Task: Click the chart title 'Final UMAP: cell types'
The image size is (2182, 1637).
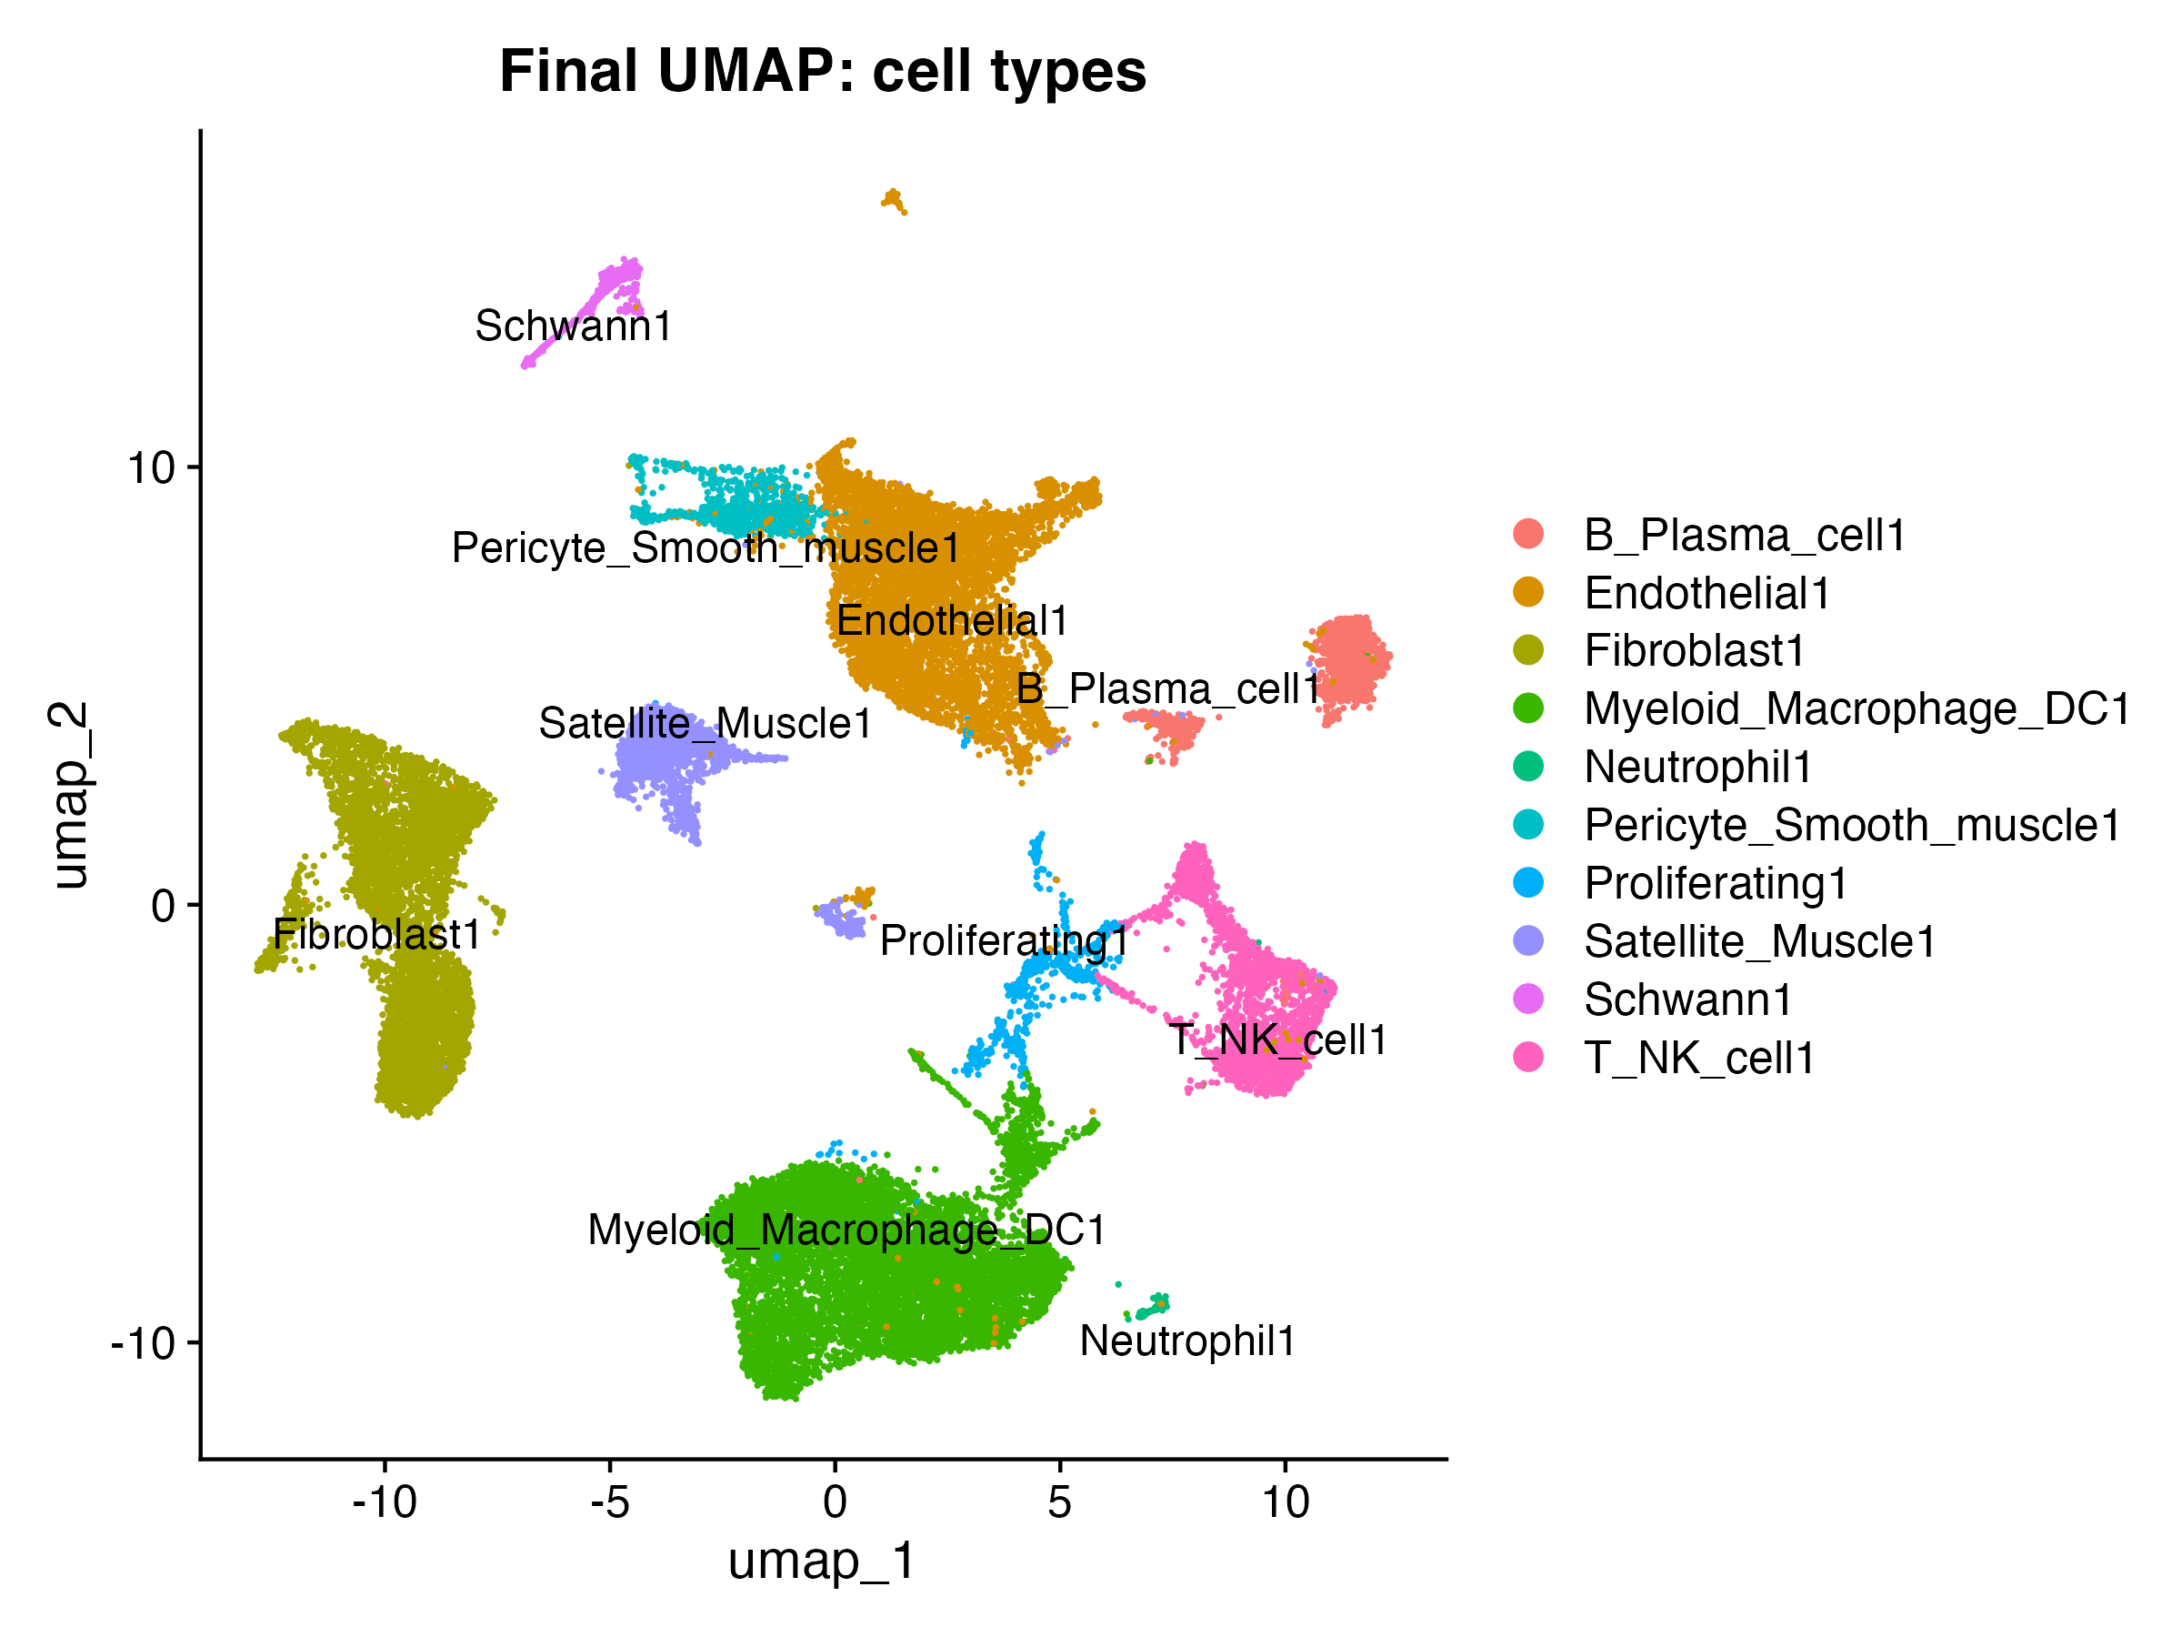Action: pos(823,72)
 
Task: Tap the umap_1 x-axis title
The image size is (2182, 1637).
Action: pos(822,1561)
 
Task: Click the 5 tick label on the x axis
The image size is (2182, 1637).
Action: pos(1059,1502)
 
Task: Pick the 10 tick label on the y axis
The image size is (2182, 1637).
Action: pos(151,467)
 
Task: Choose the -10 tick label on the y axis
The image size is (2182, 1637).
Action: pos(143,1343)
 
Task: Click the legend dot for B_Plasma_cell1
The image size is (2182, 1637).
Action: pos(1528,534)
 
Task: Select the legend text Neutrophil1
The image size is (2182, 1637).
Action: pos(1697,767)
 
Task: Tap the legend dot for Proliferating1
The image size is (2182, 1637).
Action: pos(1528,882)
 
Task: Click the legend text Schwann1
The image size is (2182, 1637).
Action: pos(1687,999)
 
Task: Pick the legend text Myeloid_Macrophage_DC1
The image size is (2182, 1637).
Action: pos(1857,709)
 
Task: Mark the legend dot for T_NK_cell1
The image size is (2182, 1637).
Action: pos(1528,1057)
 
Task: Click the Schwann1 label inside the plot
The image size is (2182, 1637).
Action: pos(573,326)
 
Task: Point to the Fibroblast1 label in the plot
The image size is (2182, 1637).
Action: pos(376,934)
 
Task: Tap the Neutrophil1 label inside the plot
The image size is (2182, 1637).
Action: pos(1187,1341)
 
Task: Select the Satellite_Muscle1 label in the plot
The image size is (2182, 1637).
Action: pos(706,723)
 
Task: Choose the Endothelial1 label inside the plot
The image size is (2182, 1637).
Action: pos(952,620)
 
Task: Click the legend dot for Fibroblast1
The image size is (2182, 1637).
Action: pos(1528,650)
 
